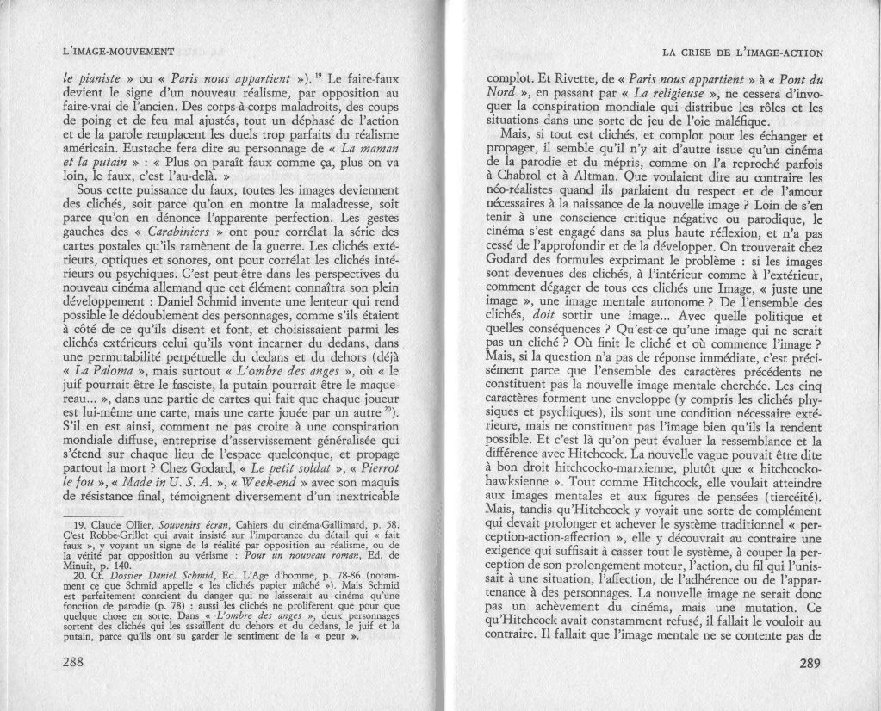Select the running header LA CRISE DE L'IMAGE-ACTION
(x=743, y=53)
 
